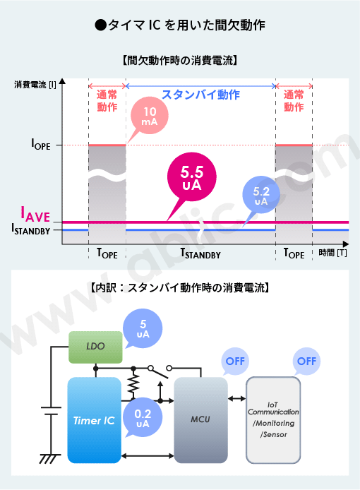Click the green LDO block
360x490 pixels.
[95, 347]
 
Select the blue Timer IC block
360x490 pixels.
[94, 420]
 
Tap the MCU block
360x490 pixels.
[200, 420]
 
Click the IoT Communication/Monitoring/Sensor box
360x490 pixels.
[273, 420]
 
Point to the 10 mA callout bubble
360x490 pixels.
[150, 115]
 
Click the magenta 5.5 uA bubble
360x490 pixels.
[192, 177]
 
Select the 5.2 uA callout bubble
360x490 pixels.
[261, 195]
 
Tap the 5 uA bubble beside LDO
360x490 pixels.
[143, 328]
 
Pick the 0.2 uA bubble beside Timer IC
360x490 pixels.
[143, 418]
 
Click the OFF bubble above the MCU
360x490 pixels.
[235, 361]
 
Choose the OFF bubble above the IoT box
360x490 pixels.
[306, 361]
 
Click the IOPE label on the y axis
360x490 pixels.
[41, 144]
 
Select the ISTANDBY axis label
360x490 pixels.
[30, 229]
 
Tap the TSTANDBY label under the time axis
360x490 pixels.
[200, 253]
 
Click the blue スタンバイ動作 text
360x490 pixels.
[200, 95]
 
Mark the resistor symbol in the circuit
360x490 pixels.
[133, 384]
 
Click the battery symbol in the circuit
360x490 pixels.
[51, 411]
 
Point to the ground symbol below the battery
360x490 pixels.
[49, 458]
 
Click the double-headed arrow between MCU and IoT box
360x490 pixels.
[237, 398]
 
